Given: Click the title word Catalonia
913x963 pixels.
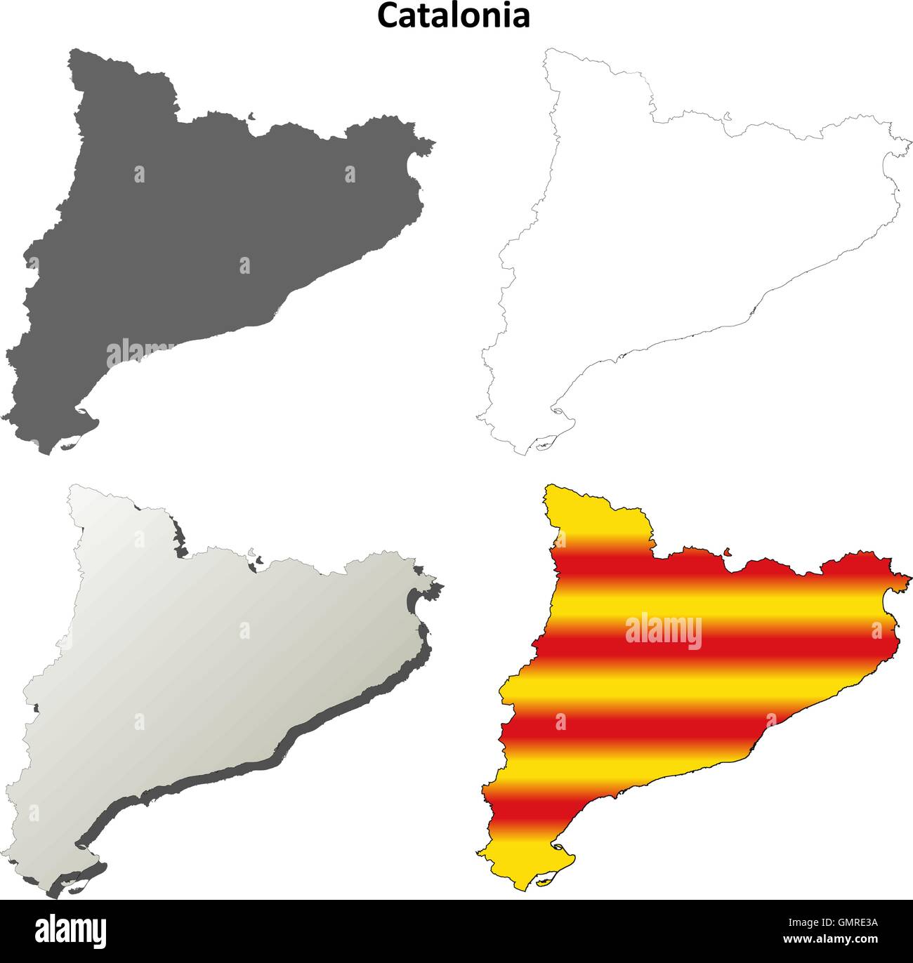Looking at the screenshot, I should (x=454, y=16).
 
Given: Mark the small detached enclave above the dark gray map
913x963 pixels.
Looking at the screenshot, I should (x=253, y=117).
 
